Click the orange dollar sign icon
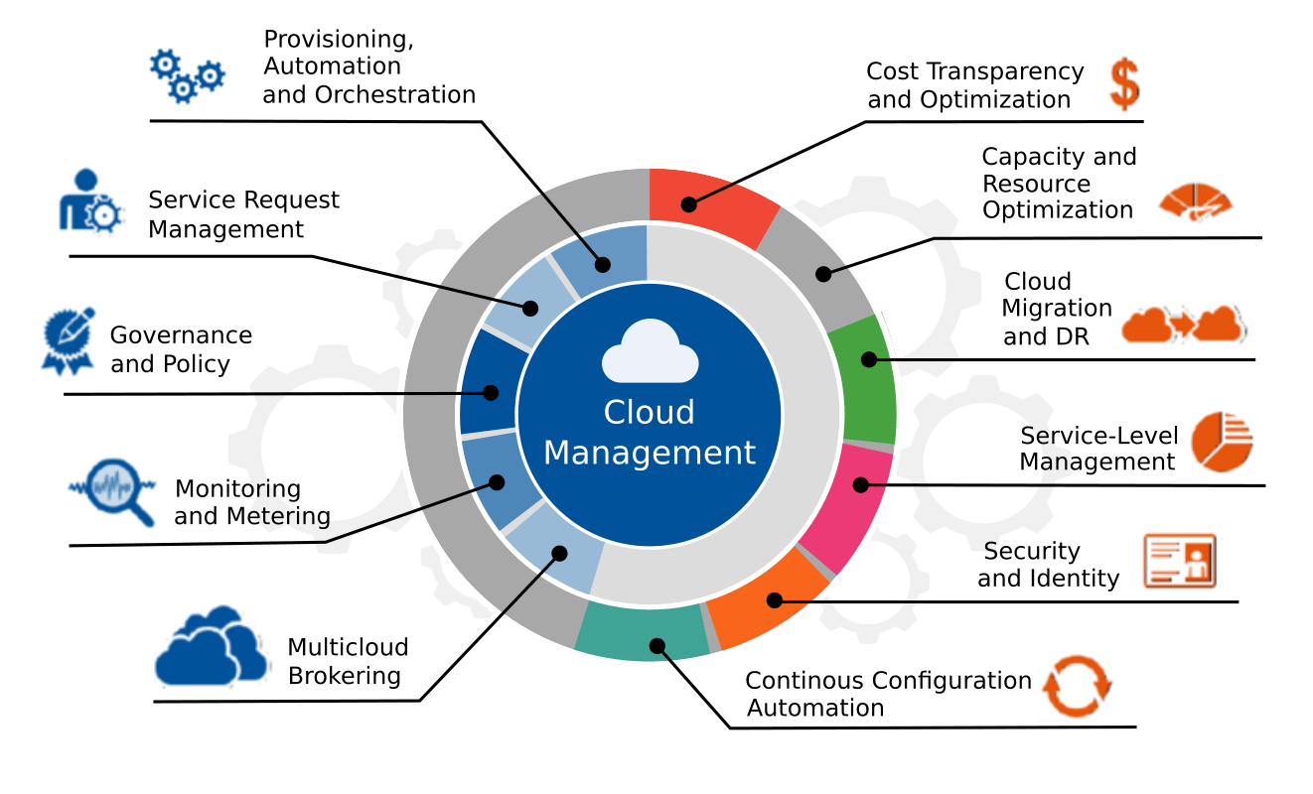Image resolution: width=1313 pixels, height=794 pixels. tap(1124, 84)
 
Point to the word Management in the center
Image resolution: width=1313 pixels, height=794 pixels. tap(650, 453)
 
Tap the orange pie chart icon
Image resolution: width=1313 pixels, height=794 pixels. tap(1222, 442)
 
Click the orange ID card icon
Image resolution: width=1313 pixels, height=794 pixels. tap(1180, 562)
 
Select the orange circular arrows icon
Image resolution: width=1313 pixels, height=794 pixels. tap(1078, 686)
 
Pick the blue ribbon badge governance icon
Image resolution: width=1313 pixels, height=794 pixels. tap(68, 340)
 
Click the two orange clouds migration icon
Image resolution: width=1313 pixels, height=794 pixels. tap(1183, 325)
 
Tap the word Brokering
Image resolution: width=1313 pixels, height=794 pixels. tap(344, 676)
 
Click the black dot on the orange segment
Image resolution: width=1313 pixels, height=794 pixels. tap(774, 599)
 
